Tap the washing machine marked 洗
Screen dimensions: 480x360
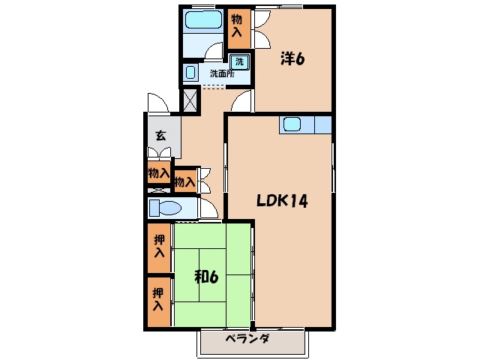[239, 62]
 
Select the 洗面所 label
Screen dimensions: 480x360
[222, 73]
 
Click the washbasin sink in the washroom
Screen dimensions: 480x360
[190, 72]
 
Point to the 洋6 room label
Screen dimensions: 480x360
[292, 58]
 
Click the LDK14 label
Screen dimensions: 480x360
[282, 201]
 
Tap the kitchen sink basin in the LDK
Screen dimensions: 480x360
[292, 124]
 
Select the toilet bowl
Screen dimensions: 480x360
[166, 208]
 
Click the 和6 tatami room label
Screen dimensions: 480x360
[207, 277]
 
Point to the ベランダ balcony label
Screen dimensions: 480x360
[247, 339]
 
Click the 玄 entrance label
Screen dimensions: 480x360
[160, 135]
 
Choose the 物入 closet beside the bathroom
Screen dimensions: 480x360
[239, 28]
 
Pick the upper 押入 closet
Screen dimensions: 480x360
[159, 248]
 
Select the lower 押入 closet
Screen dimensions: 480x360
[158, 301]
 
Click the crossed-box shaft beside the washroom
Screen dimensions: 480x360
[190, 100]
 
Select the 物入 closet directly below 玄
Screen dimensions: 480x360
[159, 173]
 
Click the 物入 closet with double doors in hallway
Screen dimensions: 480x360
[185, 181]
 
